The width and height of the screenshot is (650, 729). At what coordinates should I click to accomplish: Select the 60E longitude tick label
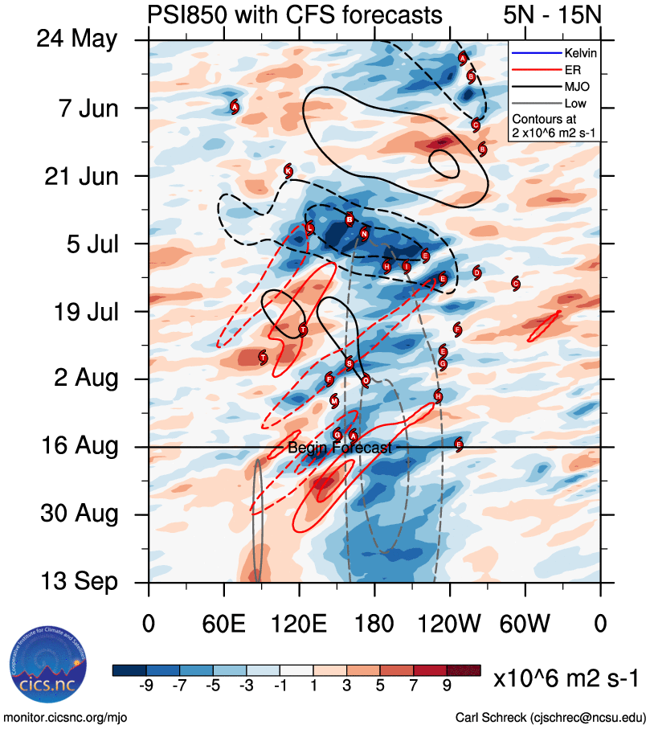pyautogui.click(x=223, y=622)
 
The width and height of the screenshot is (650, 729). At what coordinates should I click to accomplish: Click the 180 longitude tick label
pyautogui.click(x=374, y=622)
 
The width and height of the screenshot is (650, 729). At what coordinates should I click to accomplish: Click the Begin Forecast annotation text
pyautogui.click(x=340, y=448)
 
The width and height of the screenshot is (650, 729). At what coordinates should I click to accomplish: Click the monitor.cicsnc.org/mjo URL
pyautogui.click(x=66, y=717)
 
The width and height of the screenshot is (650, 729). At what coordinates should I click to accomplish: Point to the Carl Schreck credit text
pyautogui.click(x=550, y=717)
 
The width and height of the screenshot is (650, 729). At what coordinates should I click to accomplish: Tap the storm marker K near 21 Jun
pyautogui.click(x=288, y=170)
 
